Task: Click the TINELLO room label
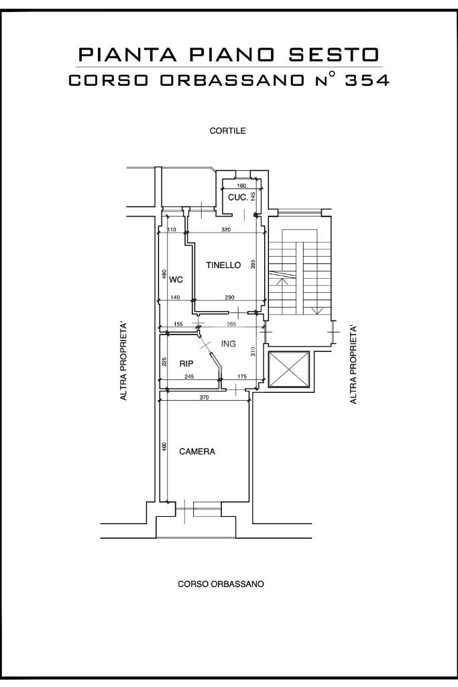[x=223, y=265]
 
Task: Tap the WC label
[x=176, y=279]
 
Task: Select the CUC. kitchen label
[x=238, y=198]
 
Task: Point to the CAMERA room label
[x=196, y=451]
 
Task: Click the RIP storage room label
[x=186, y=364]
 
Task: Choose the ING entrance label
[x=229, y=344]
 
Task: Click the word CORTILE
[x=227, y=131]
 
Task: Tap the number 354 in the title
[x=367, y=80]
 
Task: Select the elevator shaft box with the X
[x=289, y=370]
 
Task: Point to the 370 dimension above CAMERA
[x=204, y=398]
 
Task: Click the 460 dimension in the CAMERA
[x=164, y=447]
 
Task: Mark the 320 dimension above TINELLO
[x=226, y=229]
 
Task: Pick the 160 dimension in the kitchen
[x=241, y=186]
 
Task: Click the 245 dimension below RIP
[x=189, y=377]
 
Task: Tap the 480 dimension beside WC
[x=164, y=274]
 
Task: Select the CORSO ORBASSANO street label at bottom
[x=221, y=584]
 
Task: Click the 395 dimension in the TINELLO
[x=253, y=264]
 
